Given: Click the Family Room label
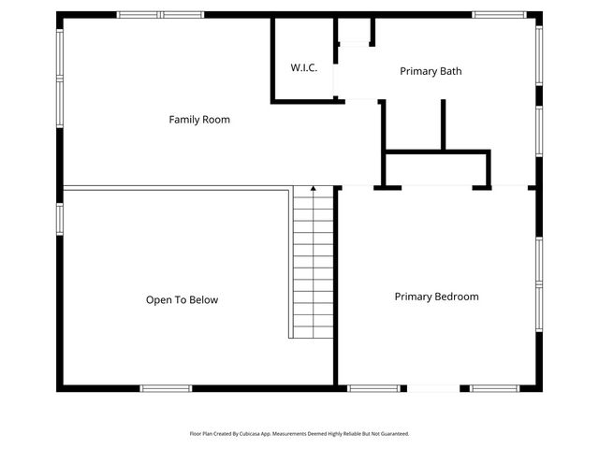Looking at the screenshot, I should point(199,120).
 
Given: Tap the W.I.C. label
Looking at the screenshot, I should point(304,67).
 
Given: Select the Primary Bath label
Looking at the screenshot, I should point(431,71).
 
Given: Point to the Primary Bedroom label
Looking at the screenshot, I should point(436,297).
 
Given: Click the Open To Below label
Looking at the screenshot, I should point(182,300).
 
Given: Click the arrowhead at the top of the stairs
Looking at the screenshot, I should point(314,190).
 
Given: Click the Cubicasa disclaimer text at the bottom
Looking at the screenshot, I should point(299,434).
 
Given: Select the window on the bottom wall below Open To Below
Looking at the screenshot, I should point(167,388).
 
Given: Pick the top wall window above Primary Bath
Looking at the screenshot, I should point(498,14).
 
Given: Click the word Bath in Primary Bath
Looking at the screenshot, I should point(451,71).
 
